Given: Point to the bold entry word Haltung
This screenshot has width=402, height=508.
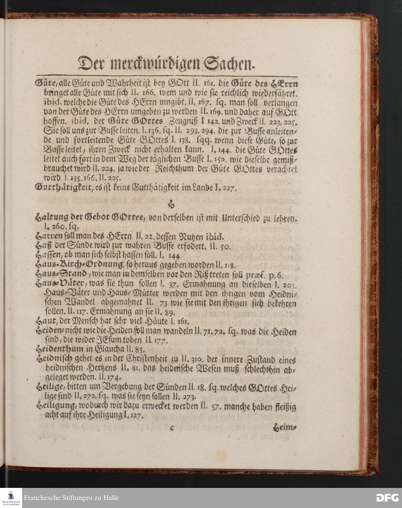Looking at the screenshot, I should click(x=51, y=218).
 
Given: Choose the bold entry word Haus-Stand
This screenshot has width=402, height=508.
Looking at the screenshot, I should click(x=60, y=274).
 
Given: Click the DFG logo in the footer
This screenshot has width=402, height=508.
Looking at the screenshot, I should click(x=387, y=498).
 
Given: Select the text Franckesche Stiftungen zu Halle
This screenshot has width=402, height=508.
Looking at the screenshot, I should click(x=71, y=498).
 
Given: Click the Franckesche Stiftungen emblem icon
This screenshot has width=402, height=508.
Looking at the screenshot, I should click(x=11, y=498).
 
